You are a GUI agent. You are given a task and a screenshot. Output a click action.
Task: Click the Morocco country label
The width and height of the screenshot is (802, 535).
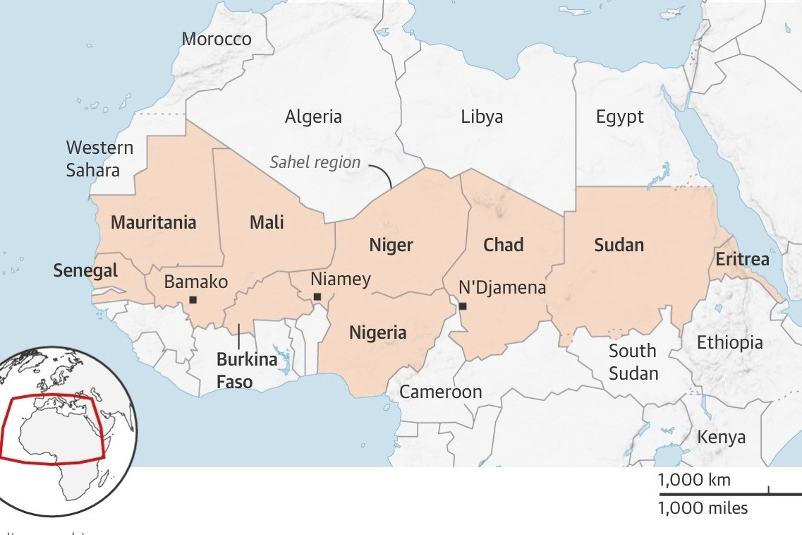coord(217,39)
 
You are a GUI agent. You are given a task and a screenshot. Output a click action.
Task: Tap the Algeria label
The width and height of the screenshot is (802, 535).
coord(313,116)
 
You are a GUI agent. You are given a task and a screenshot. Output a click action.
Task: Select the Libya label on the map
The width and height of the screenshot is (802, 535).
coord(482,116)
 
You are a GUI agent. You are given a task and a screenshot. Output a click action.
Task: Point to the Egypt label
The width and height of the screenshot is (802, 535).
coord(619,116)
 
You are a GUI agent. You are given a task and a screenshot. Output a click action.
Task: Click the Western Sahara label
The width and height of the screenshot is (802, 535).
coord(99,159)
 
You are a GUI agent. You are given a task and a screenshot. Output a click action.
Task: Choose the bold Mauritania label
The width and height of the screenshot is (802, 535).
coord(154,222)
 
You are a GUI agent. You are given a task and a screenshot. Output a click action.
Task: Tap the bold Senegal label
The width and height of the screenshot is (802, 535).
coord(85,270)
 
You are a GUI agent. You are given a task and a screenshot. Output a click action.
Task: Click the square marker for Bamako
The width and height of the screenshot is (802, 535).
coord(193,300)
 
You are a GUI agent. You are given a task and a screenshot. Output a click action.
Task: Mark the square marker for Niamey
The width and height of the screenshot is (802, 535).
coord(317,297)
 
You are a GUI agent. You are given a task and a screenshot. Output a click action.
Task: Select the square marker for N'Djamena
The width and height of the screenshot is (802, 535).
coord(463,306)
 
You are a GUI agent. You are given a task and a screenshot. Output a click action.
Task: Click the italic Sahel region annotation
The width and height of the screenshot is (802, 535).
coord(315,162)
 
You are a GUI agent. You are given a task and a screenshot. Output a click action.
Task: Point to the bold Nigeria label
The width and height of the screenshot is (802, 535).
coord(378,332)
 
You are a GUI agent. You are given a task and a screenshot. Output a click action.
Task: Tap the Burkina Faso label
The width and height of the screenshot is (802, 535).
coord(235,371)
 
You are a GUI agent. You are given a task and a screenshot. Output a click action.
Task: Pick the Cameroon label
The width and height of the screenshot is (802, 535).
coord(441,392)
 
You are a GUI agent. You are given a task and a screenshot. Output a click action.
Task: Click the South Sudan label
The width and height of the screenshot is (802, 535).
coord(633,362)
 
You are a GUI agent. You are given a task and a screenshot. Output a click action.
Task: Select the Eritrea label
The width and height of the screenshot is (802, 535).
coord(742,259)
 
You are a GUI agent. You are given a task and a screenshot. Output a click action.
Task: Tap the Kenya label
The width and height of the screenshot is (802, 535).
coord(721,437)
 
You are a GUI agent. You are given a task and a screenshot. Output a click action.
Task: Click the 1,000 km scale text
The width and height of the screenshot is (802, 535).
coord(694,481)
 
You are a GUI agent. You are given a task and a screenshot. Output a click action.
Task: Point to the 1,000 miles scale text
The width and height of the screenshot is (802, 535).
coord(703,508)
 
